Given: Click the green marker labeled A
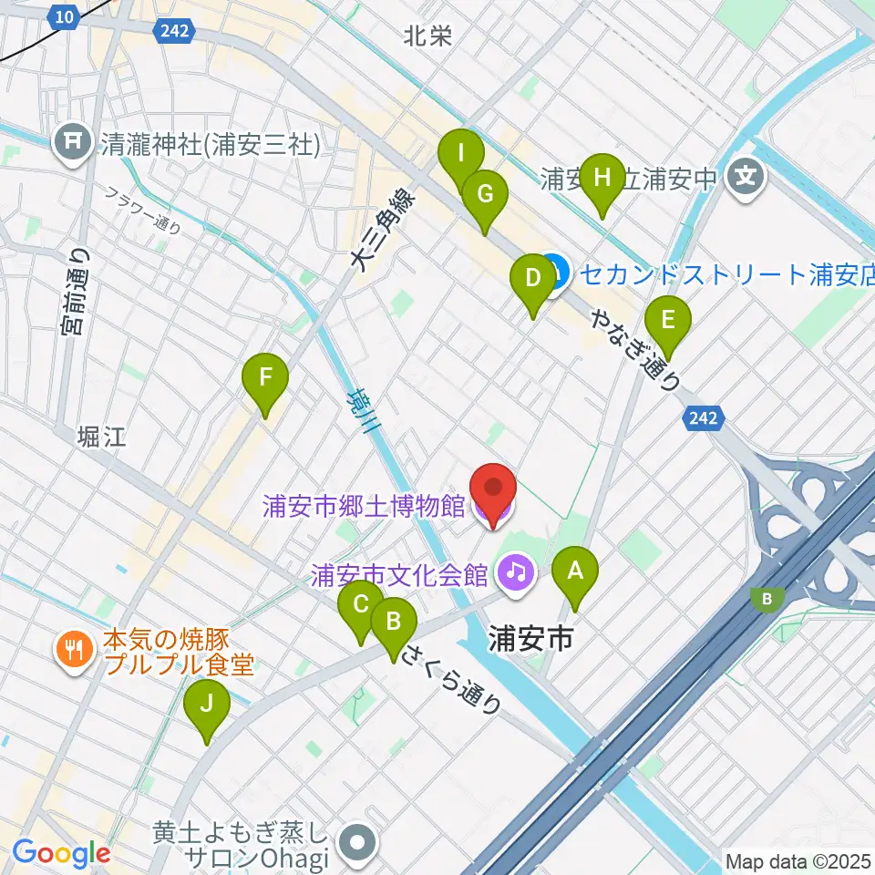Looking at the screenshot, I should coord(575,573).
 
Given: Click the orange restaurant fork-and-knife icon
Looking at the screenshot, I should coord(72,650).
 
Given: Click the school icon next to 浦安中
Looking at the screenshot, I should coord(747,173).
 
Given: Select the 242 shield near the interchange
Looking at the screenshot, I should coord(704,418).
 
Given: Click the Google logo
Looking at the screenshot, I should coord(61,853).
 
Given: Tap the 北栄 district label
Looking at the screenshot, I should coord(427,36).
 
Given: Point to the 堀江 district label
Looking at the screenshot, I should coord(101,436).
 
